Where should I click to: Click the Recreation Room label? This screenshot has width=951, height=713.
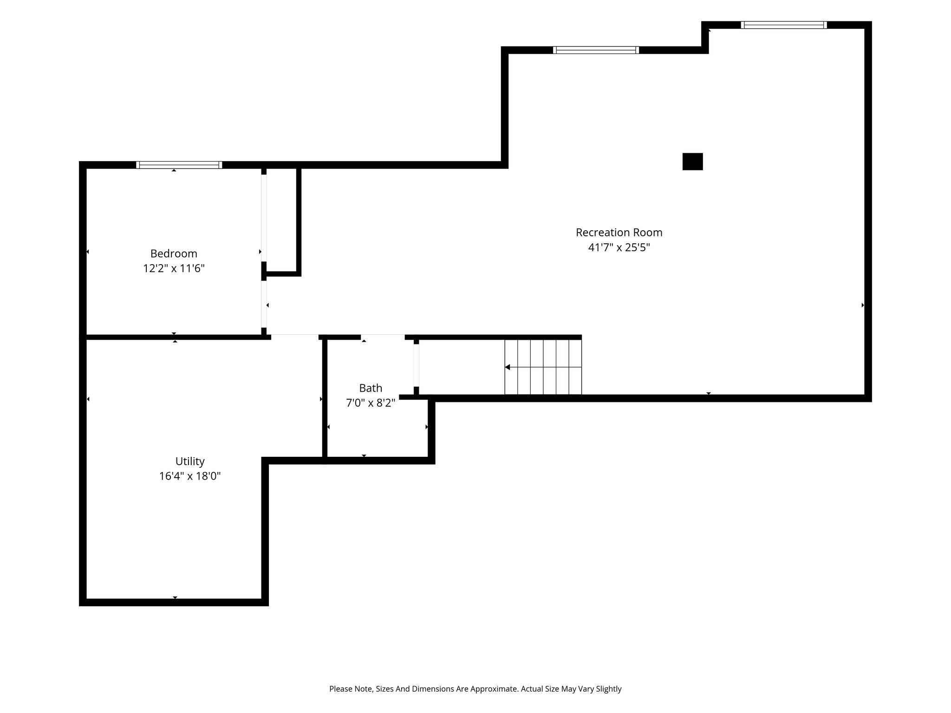(619, 232)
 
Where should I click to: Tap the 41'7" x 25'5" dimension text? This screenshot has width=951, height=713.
(619, 247)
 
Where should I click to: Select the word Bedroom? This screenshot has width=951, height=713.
(174, 253)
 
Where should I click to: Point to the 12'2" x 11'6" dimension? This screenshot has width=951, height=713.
(174, 268)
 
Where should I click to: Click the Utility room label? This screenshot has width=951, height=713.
(190, 461)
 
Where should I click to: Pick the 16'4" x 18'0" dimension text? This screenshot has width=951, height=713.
(190, 476)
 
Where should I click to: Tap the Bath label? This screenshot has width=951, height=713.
(371, 388)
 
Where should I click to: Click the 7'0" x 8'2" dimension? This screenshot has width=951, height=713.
(371, 403)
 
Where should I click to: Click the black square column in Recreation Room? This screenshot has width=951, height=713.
(692, 162)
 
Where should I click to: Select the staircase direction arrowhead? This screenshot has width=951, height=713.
(508, 367)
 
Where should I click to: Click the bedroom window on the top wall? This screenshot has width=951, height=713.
(179, 165)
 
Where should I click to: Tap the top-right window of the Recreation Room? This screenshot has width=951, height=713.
(784, 25)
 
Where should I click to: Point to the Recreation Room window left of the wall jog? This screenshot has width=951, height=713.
(596, 50)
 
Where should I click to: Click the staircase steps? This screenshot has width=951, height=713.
(543, 367)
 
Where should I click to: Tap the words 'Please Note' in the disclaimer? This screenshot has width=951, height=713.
(351, 689)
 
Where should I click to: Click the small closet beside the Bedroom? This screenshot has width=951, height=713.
(281, 220)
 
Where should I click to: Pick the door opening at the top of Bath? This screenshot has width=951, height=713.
(383, 337)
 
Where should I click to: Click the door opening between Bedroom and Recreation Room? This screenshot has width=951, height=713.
(264, 305)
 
